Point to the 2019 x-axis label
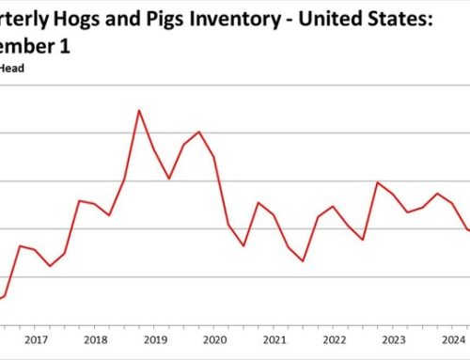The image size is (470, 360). click(x=154, y=340)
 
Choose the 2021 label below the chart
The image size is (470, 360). click(x=274, y=340)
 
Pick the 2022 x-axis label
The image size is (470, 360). click(x=334, y=340)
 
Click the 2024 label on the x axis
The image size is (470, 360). click(x=453, y=340)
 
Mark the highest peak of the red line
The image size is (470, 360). click(x=139, y=110)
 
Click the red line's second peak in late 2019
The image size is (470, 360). click(x=198, y=132)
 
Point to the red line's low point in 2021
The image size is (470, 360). click(x=304, y=260)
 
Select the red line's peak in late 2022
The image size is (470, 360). click(x=378, y=182)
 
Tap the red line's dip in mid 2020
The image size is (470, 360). click(x=243, y=245)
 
